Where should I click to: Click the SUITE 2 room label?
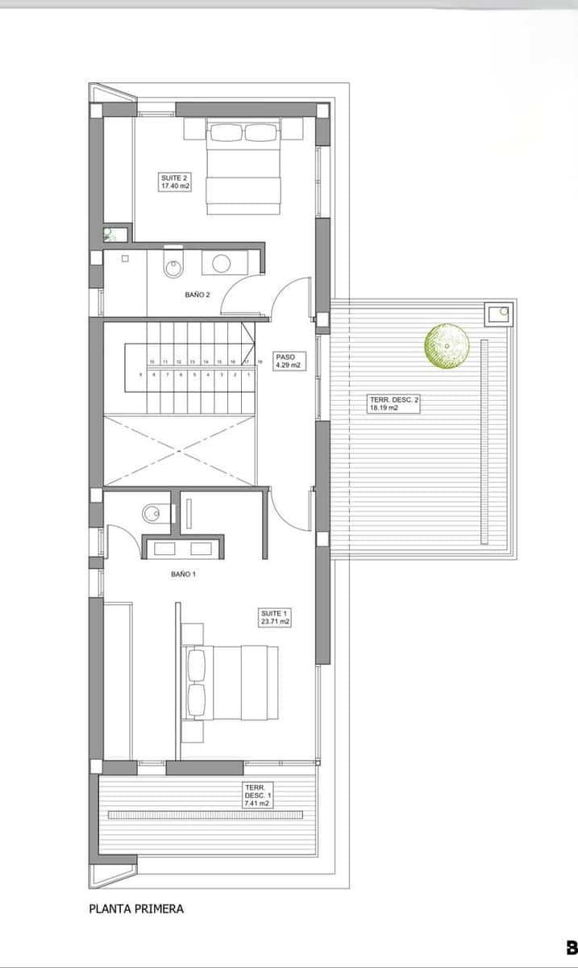174,181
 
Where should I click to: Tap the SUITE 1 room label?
274,617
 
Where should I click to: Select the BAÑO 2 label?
197,295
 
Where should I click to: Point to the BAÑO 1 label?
183,574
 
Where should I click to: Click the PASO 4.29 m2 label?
288,360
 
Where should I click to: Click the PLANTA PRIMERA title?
136,908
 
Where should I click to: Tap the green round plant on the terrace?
447,344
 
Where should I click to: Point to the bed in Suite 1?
231,682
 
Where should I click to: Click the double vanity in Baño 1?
177,549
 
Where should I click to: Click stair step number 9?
140,374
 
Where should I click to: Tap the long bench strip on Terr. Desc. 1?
206,815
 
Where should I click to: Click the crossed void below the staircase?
180,449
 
